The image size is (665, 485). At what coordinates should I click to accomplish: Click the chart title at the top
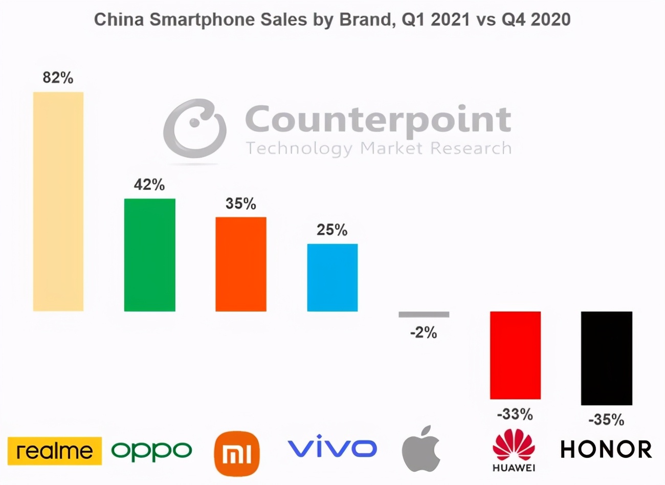pyautogui.click(x=332, y=19)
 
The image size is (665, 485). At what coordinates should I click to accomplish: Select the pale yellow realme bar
pyautogui.click(x=58, y=202)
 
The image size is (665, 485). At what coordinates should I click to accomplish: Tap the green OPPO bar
pyautogui.click(x=149, y=255)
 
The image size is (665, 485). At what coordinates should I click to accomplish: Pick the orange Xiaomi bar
pyautogui.click(x=241, y=264)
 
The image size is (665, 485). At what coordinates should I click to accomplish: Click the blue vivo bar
pyautogui.click(x=332, y=277)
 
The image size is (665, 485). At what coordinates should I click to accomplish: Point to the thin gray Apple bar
pyautogui.click(x=424, y=314)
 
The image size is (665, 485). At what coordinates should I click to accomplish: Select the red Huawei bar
pyautogui.click(x=515, y=355)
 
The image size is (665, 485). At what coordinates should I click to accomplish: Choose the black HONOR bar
pyautogui.click(x=606, y=358)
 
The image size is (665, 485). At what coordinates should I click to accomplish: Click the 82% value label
pyautogui.click(x=58, y=78)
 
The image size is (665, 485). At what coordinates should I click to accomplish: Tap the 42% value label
pyautogui.click(x=149, y=185)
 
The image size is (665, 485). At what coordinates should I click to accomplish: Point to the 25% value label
pyautogui.click(x=332, y=230)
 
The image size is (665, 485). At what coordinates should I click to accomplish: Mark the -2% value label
pyautogui.click(x=424, y=333)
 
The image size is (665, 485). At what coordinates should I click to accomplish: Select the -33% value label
pyautogui.click(x=515, y=414)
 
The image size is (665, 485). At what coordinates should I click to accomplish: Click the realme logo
pyautogui.click(x=55, y=451)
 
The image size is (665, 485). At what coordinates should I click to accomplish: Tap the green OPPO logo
pyautogui.click(x=152, y=451)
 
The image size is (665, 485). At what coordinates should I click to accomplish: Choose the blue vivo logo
pyautogui.click(x=332, y=448)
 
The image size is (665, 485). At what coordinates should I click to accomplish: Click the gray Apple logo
pyautogui.click(x=421, y=448)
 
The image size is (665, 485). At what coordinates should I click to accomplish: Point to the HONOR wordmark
pyautogui.click(x=606, y=450)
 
